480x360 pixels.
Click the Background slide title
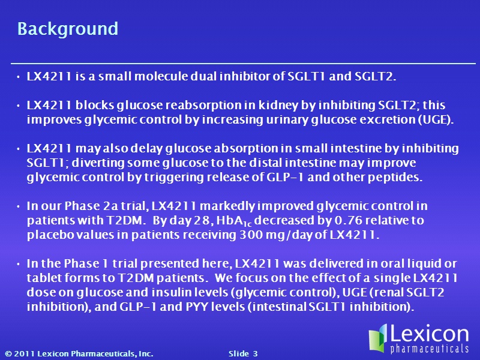68,29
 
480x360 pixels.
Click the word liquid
424,263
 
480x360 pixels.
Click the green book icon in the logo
379,338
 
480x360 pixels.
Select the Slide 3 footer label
243,354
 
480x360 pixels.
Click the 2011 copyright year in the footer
24,354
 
